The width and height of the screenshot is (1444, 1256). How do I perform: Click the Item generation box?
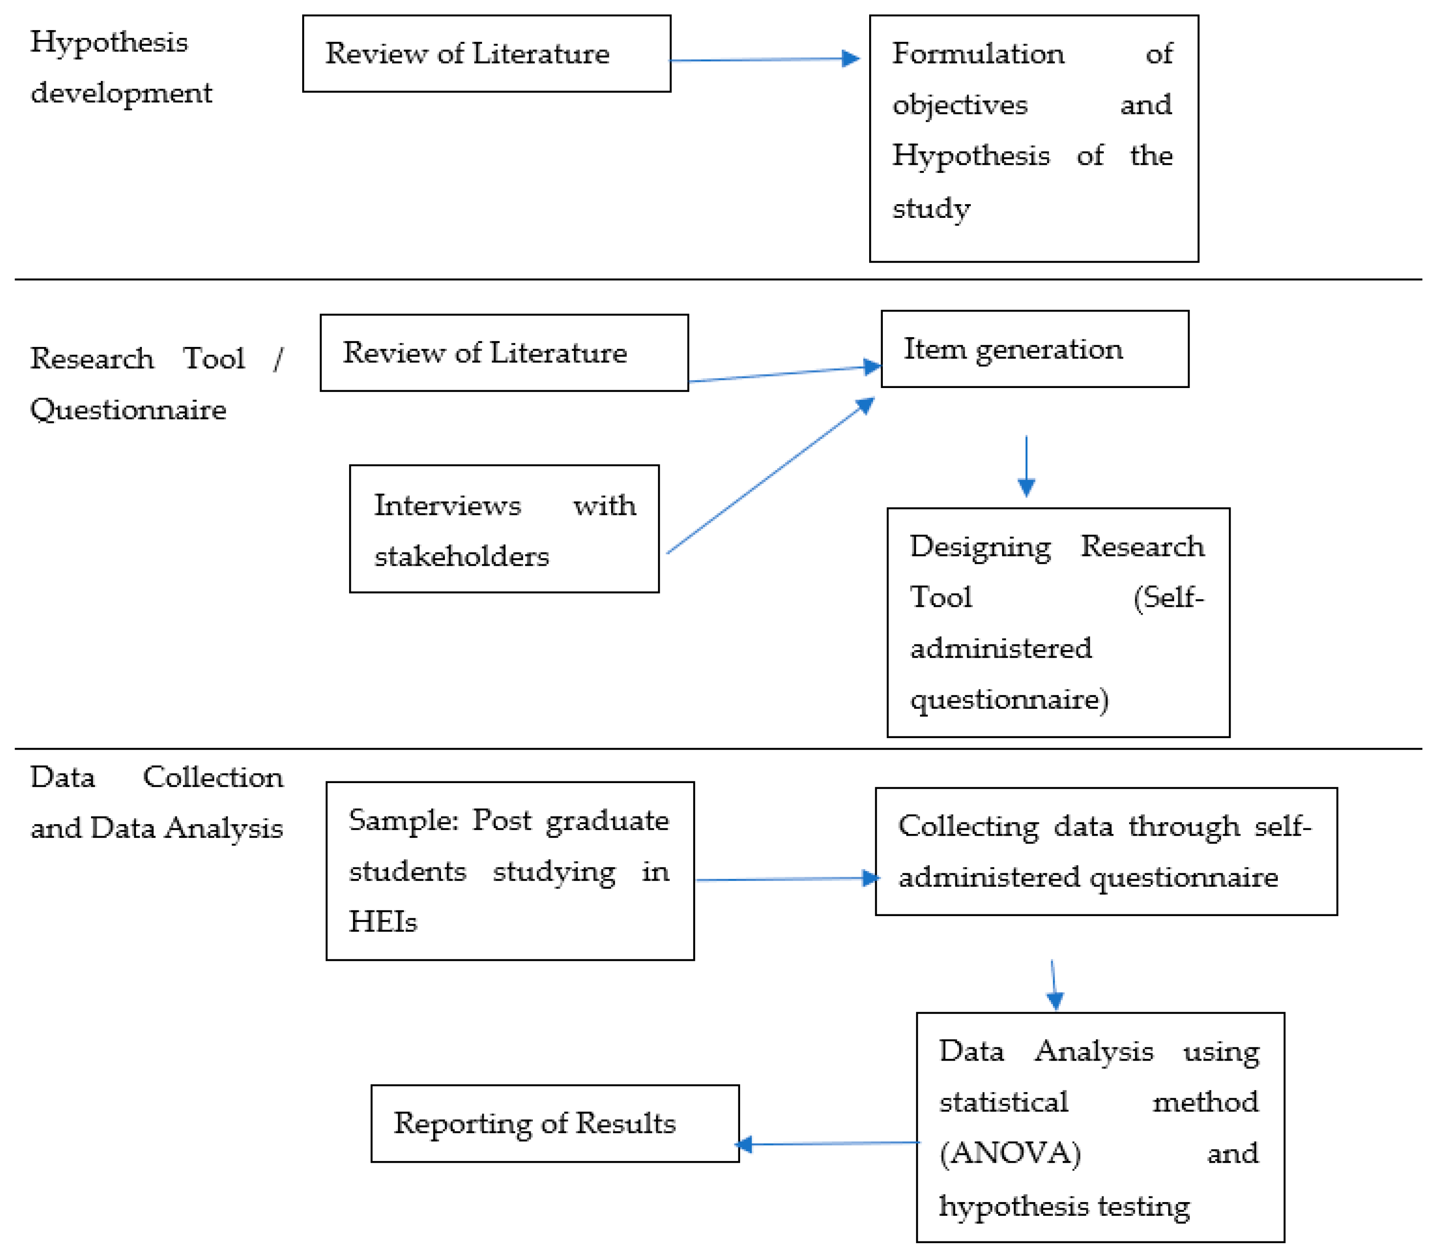pos(1034,349)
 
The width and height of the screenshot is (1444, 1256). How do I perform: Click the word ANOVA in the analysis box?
pos(1010,1153)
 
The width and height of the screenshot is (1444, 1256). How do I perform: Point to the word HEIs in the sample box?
pos(383,922)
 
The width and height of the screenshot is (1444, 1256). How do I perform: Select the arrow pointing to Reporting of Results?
pos(827,1143)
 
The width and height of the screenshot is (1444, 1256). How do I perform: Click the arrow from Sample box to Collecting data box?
pos(785,879)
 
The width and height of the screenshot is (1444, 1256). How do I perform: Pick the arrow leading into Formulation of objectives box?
pos(764,60)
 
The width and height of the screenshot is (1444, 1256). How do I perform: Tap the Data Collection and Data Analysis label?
pos(156,803)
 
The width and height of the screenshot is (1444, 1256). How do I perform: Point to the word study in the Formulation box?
pos(931,208)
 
